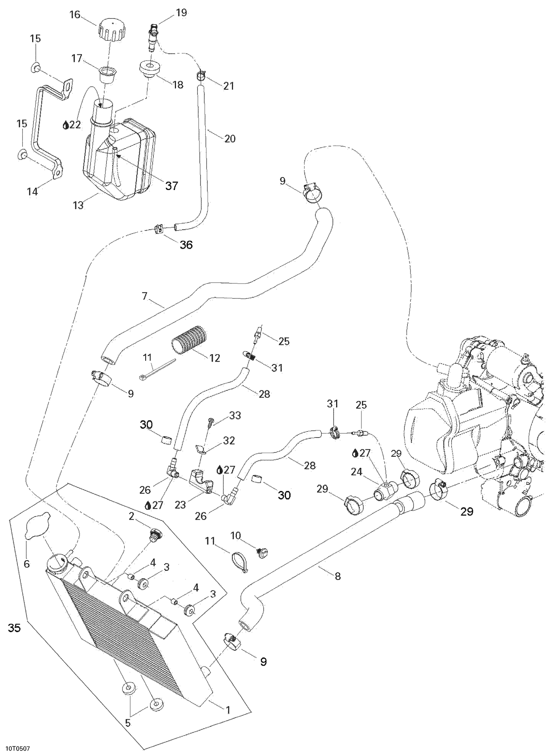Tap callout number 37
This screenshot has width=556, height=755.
[x=172, y=186]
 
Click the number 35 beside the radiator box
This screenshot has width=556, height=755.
[x=14, y=628]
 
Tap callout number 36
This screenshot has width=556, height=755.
[x=186, y=245]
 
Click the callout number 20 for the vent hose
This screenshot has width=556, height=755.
[x=230, y=139]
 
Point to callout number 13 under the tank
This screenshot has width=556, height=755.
[x=78, y=205]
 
